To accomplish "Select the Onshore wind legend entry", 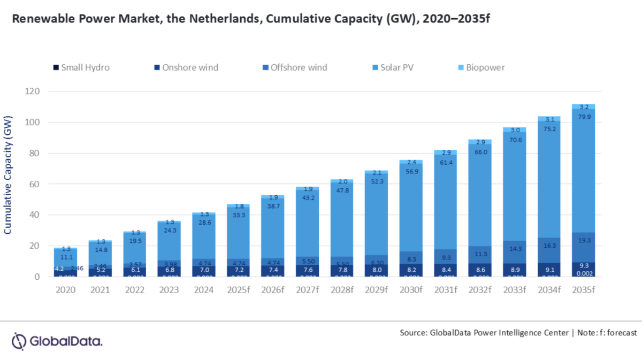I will coord(185,67).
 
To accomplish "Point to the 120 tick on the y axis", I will coord(33,91).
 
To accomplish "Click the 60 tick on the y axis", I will coord(35,184).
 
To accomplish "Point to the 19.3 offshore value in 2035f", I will coord(584,242).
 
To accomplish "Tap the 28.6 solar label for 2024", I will coord(203,222).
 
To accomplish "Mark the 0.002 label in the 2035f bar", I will coord(584,273).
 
